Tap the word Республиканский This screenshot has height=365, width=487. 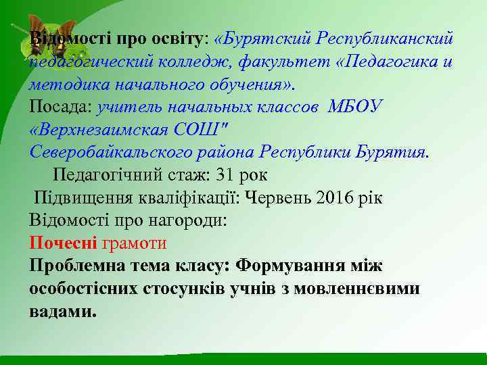(x=390, y=39)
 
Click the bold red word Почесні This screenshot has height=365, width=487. (x=64, y=243)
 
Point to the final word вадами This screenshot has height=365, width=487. (x=62, y=312)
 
